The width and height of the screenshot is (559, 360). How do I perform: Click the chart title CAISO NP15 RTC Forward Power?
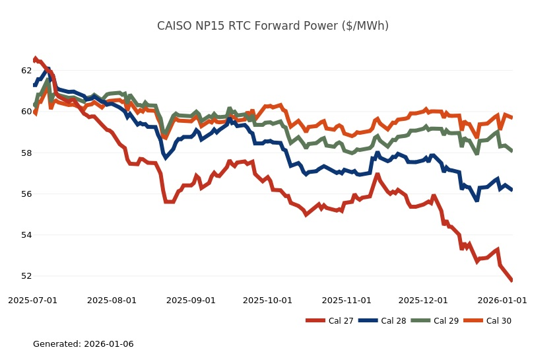tap(273, 26)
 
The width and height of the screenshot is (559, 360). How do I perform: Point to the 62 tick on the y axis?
tap(26, 71)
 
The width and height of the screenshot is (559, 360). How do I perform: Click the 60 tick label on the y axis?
tap(26, 112)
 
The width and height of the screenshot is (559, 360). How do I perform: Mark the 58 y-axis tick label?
tap(26, 153)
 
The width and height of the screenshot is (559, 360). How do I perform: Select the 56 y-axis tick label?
tap(26, 194)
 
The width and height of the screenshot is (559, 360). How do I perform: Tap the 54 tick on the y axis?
tap(26, 235)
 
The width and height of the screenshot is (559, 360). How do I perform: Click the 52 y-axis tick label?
tap(26, 276)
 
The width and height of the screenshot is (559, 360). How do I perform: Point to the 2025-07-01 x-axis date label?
tap(33, 301)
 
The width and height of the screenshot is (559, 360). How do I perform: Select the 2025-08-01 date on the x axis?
tap(112, 301)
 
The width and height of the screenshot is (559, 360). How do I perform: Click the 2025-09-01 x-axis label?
tap(191, 301)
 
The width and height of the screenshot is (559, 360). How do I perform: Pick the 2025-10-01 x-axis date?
tap(267, 301)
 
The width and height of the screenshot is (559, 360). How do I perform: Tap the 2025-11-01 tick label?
tap(346, 301)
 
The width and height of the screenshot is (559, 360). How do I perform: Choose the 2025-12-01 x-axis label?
tap(423, 301)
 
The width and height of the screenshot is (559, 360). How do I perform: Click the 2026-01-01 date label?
tap(502, 301)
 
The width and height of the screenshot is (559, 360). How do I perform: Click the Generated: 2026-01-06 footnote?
tap(83, 344)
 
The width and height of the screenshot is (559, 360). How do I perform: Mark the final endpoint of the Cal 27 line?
tap(512, 281)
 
